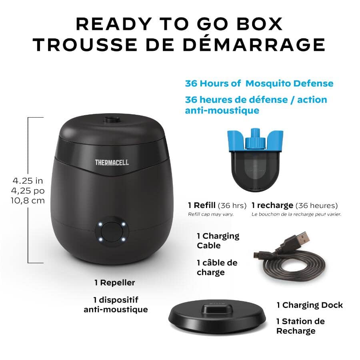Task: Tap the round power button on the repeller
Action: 112,232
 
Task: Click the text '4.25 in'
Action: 28,180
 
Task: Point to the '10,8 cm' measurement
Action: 28,200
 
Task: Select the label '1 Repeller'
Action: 114,282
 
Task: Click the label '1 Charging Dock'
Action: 310,305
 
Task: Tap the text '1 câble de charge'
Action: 217,267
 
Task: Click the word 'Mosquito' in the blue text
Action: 268,83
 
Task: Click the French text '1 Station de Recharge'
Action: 300,326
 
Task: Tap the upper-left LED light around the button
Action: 101,224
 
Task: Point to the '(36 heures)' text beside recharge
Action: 316,206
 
